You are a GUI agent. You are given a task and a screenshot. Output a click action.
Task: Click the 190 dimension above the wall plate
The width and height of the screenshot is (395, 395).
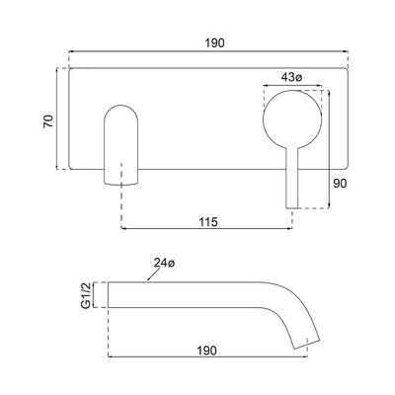tap(213, 43)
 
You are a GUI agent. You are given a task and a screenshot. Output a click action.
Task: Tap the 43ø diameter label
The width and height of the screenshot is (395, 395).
tap(292, 77)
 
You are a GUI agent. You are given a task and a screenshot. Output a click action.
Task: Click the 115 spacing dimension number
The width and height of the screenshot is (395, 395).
tap(207, 222)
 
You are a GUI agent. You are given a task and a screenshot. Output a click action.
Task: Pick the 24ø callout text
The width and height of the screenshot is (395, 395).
tap(163, 263)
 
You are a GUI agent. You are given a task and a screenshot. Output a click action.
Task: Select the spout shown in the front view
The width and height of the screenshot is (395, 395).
tap(121, 145)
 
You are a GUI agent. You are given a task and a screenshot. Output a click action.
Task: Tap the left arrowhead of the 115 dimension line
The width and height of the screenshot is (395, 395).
tap(124, 231)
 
